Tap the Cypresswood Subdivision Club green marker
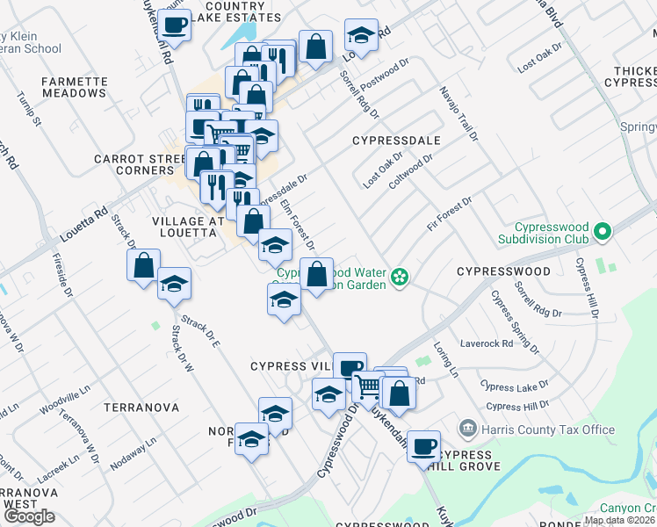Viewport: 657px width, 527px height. tap(602, 232)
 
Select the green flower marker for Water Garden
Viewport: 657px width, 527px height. tap(400, 278)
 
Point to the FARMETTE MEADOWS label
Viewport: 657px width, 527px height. tap(75, 87)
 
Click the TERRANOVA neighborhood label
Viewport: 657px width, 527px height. tap(141, 408)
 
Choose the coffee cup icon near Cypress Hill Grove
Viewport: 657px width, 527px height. tap(424, 445)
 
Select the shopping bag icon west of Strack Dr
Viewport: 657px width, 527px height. tap(143, 264)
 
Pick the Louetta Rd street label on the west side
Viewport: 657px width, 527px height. tap(83, 225)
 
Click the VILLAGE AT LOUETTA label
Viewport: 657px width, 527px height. tap(184, 226)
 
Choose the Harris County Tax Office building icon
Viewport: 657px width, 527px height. tap(467, 429)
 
